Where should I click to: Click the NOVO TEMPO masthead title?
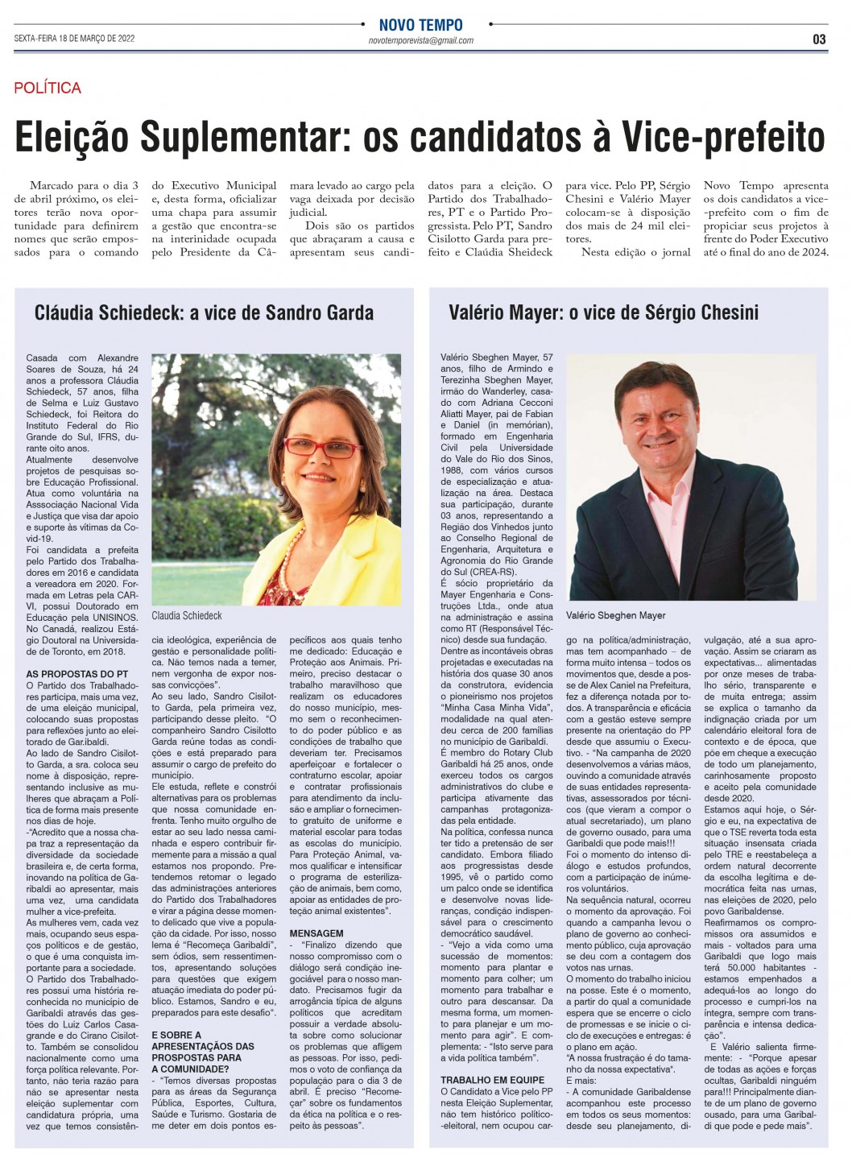pos(421,25)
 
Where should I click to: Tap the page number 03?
pos(819,39)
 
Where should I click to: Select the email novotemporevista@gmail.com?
pos(421,40)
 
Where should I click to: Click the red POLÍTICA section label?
pos(48,88)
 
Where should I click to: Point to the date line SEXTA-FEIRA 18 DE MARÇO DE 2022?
pos(74,39)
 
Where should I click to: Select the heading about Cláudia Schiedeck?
pos(204,312)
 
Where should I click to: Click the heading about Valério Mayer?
pos(604,312)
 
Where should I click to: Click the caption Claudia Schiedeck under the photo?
pos(187,615)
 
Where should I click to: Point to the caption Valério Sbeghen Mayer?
pos(616,615)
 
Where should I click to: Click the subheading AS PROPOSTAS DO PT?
pos(77,673)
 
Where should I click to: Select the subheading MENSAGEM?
pos(316,933)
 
